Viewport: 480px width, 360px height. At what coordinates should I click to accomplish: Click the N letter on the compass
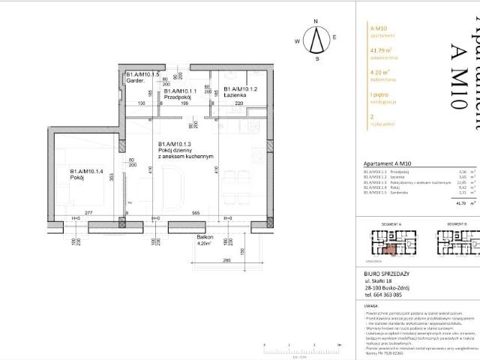click(x=317, y=22)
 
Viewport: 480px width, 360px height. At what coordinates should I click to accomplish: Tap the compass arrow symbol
click(x=317, y=39)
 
